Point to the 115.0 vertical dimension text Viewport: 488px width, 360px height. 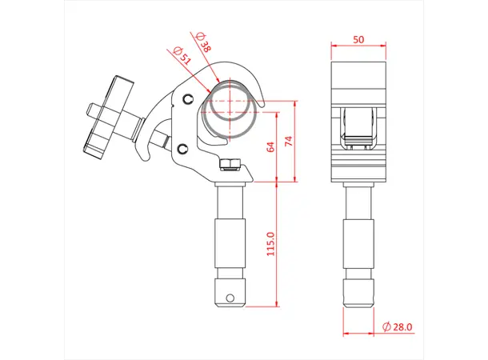[x=270, y=244]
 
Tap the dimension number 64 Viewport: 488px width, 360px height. [x=270, y=146]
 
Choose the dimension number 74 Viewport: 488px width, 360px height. [x=290, y=141]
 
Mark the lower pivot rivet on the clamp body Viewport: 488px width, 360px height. [x=183, y=149]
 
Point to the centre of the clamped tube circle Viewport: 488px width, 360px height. [x=229, y=108]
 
